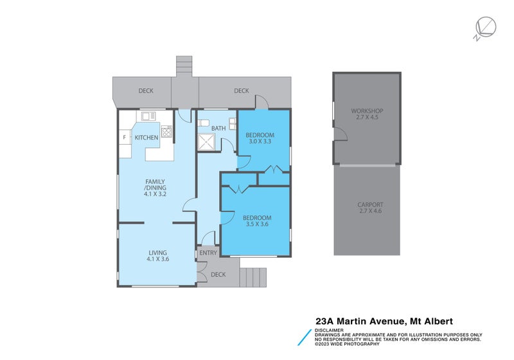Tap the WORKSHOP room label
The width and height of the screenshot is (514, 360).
[x=367, y=111]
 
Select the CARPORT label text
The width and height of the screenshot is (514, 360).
[x=369, y=205]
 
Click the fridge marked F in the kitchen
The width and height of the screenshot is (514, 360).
[x=124, y=138]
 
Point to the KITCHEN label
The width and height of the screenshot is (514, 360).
[x=146, y=138]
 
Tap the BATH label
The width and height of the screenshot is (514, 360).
[x=218, y=129]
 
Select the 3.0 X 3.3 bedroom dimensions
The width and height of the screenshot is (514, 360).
[x=260, y=143]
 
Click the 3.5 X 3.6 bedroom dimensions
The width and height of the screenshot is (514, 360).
[x=256, y=225]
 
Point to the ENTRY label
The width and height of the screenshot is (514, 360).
[x=208, y=253]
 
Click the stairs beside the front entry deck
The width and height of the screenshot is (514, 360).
[x=253, y=276]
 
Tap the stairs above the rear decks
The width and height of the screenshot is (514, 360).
[x=185, y=66]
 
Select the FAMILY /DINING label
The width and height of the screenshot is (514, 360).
[x=155, y=186]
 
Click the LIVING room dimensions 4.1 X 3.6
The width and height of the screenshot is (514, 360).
[x=158, y=259]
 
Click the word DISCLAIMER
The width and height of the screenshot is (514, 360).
[x=329, y=330]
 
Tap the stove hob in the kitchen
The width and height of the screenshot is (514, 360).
[x=166, y=132]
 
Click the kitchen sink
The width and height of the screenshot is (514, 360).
[x=148, y=116]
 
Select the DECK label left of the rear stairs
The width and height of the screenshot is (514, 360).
[x=146, y=91]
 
